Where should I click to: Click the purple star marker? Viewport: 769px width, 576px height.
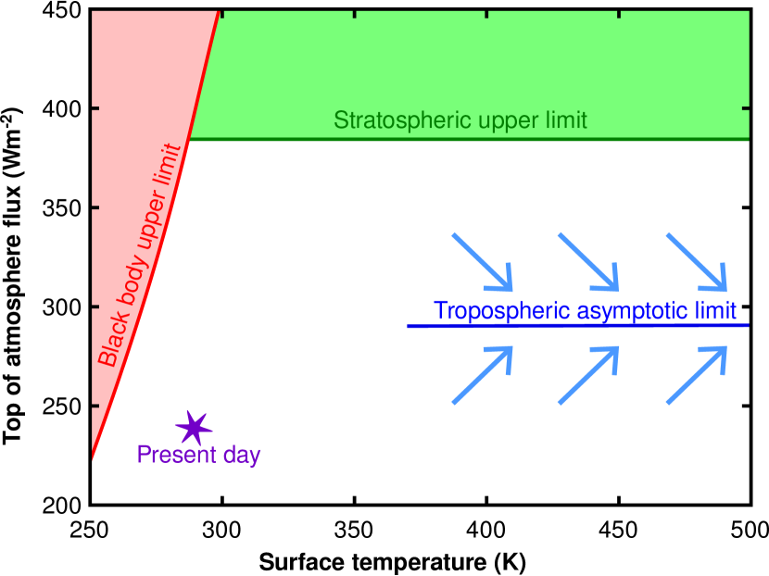point(194,428)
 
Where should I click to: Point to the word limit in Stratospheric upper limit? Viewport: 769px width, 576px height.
point(564,120)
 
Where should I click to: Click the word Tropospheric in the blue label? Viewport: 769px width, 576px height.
point(501,310)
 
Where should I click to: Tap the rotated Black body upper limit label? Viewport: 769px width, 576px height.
point(140,255)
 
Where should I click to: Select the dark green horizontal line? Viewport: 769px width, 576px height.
point(463,139)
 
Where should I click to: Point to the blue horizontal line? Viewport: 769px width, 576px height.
point(574,326)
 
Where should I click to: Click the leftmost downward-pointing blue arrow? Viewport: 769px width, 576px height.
point(482,260)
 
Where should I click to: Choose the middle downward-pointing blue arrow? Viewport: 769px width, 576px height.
point(587,260)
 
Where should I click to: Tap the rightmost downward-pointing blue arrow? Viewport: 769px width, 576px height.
point(697,260)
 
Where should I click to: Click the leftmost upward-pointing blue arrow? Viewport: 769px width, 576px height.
point(482,375)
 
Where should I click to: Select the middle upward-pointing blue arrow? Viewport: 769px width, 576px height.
point(587,375)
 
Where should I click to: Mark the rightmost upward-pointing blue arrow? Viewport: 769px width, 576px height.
point(697,375)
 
